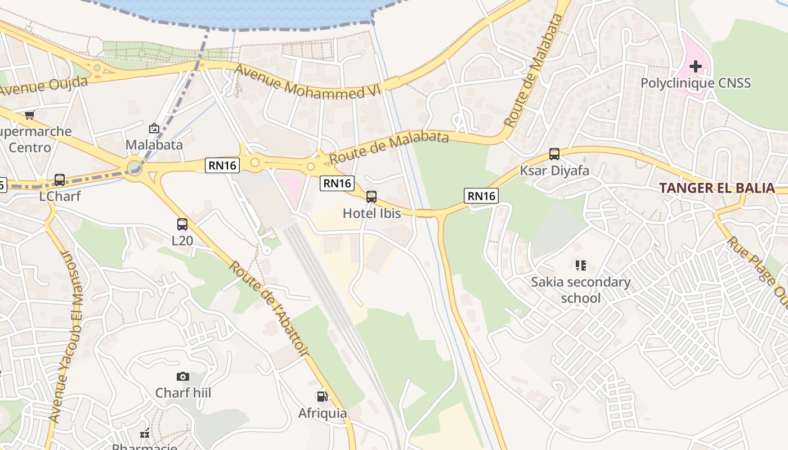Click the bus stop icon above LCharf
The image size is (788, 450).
[60, 180]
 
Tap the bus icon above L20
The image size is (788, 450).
[182, 224]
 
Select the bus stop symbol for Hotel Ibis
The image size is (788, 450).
[371, 197]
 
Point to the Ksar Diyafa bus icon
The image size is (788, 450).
[554, 154]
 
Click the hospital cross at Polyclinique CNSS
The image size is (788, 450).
[696, 66]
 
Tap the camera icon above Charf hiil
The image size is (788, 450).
[183, 376]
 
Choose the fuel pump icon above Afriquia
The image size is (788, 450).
[322, 397]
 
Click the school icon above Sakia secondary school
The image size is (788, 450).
[581, 265]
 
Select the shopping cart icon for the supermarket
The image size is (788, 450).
[29, 115]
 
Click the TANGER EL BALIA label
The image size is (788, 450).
[717, 188]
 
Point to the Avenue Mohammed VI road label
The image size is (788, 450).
[308, 82]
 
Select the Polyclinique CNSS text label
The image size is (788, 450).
[696, 83]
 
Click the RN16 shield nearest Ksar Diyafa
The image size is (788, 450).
[481, 196]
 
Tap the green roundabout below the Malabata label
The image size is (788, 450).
[134, 168]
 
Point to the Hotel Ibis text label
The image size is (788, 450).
[372, 213]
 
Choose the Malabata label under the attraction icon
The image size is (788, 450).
[154, 145]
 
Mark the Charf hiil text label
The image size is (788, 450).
[183, 393]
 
